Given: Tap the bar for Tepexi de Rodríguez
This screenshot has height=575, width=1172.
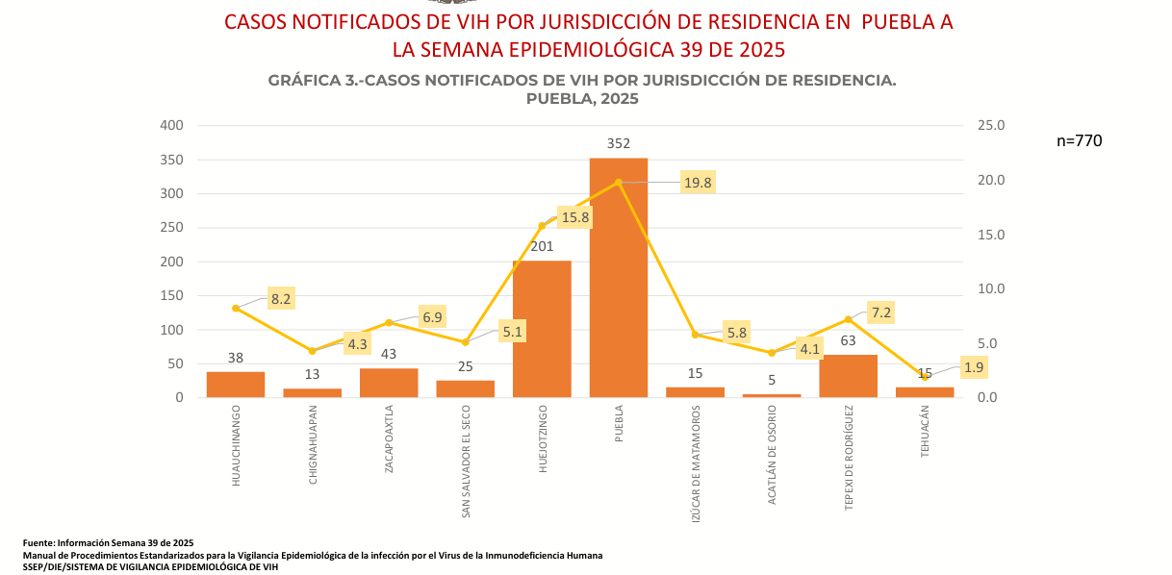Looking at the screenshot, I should [848, 376].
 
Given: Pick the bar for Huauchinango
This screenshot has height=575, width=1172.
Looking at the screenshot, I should [236, 385].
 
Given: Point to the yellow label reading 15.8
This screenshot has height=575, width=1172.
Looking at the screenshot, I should [574, 217].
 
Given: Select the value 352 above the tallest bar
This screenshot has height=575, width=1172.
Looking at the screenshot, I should [618, 143].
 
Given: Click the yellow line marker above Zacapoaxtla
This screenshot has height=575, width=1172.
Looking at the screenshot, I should [389, 323].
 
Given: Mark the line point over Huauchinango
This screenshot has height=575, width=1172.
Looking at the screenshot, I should [236, 308].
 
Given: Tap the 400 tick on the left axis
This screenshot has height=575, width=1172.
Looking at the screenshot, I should [171, 125].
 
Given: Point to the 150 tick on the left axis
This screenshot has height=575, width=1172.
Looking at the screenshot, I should [171, 295].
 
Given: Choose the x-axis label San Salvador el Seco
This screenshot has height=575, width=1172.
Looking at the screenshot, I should [466, 462].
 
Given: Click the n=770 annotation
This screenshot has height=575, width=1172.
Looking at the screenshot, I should [1079, 140].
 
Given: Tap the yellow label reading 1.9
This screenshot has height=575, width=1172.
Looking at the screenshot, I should [974, 367].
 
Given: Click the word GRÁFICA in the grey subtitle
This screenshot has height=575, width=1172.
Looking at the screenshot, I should [302, 81].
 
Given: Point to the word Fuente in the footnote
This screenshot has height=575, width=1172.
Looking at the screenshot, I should [38, 543].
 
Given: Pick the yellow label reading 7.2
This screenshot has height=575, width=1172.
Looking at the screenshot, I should [881, 312].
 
